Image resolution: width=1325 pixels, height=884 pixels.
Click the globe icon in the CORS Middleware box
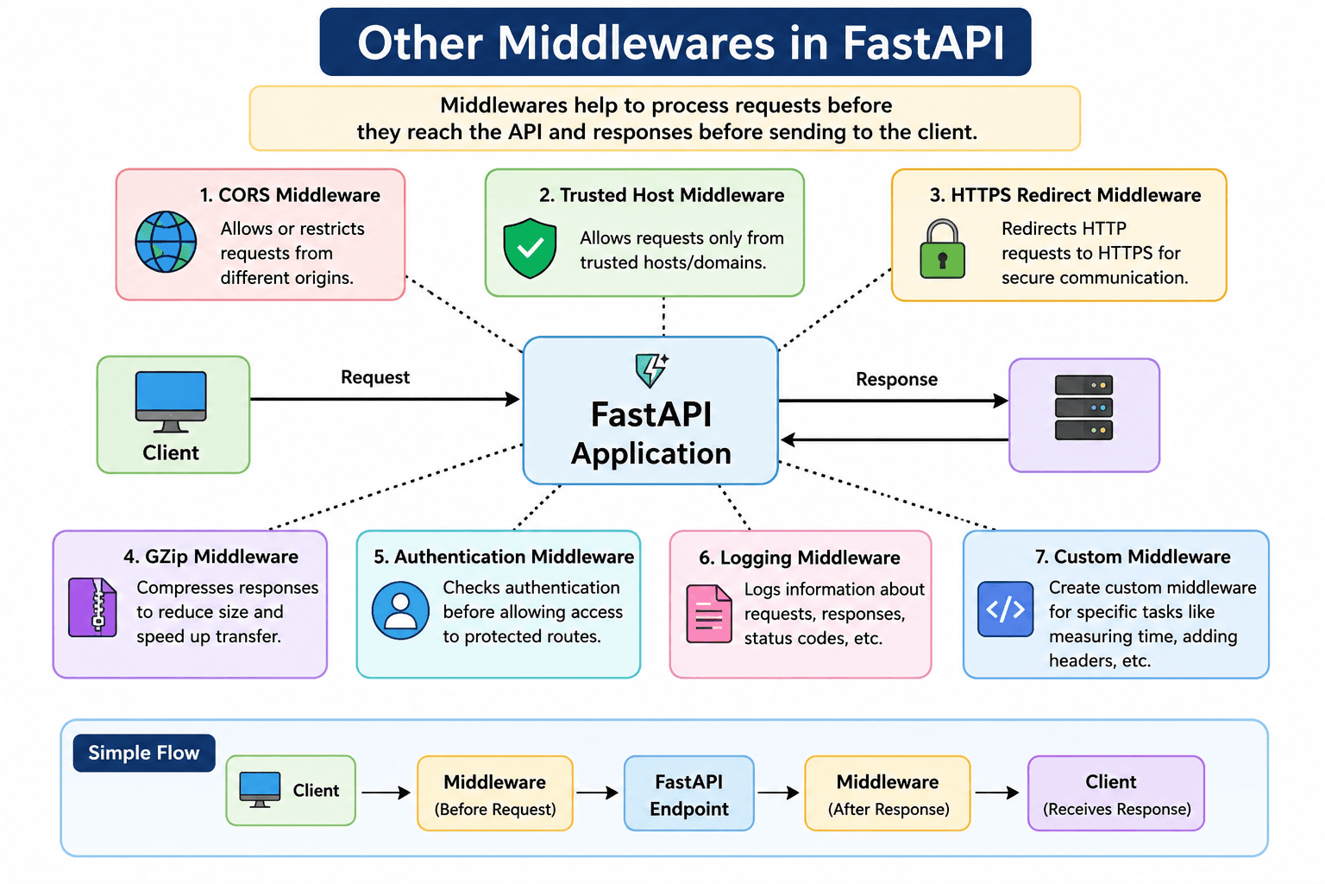(166, 242)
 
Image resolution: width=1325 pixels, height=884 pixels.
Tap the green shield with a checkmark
(530, 248)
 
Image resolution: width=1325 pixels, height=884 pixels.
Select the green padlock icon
(942, 249)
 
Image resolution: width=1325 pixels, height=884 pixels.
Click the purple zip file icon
(92, 608)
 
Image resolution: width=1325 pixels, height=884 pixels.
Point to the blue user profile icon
(400, 610)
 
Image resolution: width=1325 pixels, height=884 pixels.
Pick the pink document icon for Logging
(708, 614)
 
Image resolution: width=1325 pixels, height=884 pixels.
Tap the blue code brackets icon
(1006, 609)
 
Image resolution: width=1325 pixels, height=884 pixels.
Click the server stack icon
(1083, 407)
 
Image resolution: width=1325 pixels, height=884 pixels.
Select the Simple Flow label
(144, 753)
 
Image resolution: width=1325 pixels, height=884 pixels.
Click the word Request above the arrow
(375, 377)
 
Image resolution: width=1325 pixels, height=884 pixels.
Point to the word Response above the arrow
(897, 379)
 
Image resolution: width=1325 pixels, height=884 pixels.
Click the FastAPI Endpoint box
(689, 793)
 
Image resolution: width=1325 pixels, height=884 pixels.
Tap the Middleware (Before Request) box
(495, 793)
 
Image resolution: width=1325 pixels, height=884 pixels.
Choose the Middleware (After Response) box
(888, 793)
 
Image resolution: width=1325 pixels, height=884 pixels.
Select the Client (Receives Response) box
(1116, 793)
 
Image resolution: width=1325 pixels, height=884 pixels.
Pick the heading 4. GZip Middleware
(210, 557)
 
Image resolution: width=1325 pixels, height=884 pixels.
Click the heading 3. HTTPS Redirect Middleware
(1065, 195)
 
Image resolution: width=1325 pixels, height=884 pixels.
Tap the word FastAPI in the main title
(923, 42)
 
